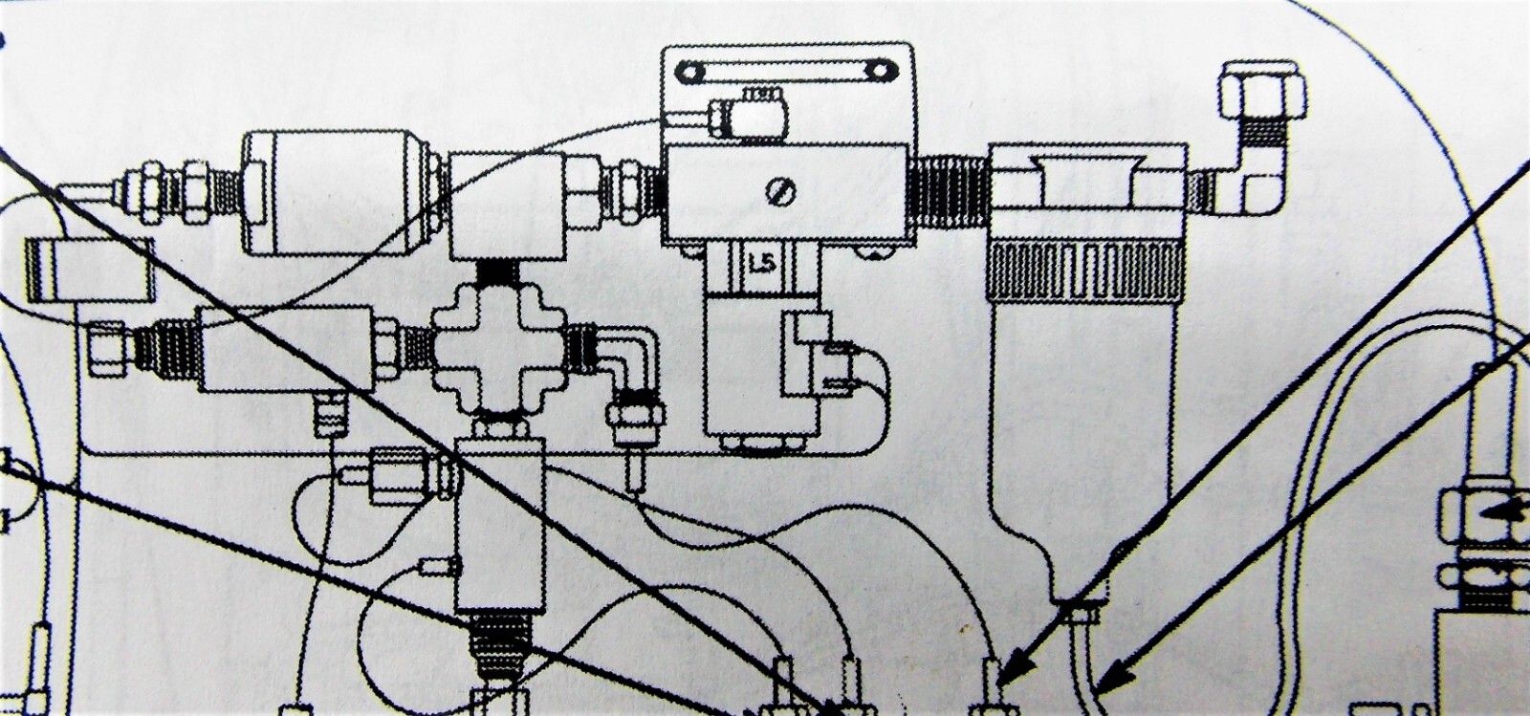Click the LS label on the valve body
click(x=761, y=263)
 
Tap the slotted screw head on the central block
click(x=780, y=192)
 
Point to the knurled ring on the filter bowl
click(x=1085, y=271)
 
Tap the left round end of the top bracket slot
click(x=690, y=71)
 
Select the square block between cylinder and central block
click(x=507, y=206)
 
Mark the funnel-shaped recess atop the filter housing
click(x=1085, y=180)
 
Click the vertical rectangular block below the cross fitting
click(x=499, y=525)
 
